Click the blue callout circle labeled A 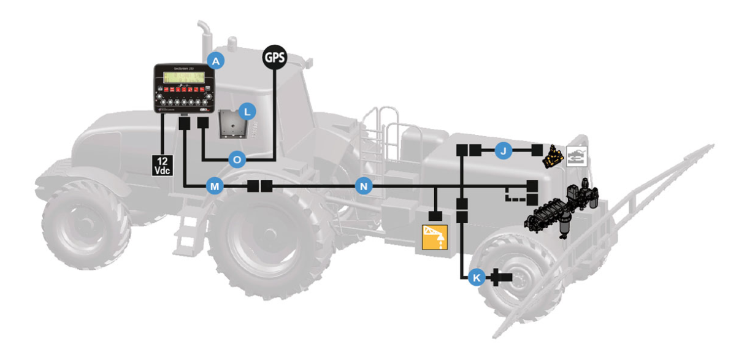tap(215, 60)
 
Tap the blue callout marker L tap(247, 112)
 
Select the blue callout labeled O tap(237, 159)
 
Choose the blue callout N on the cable tap(364, 186)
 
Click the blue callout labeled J tap(503, 150)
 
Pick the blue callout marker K tap(476, 278)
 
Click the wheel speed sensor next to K tap(501, 278)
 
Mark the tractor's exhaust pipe tap(203, 40)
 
